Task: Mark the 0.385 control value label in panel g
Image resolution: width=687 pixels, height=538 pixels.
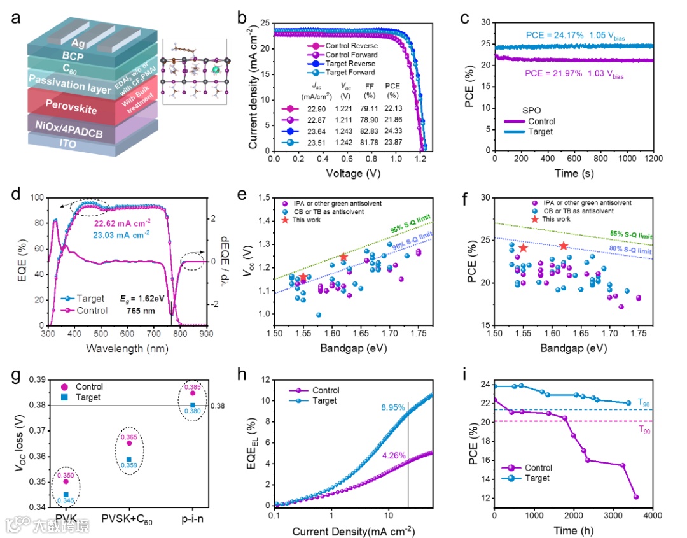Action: (193, 386)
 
